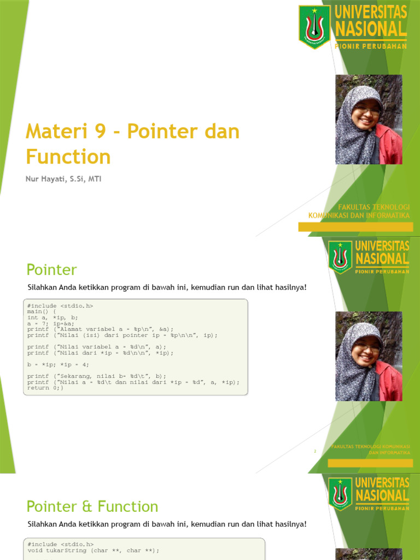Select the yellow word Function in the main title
click(x=68, y=157)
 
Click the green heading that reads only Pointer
click(x=52, y=270)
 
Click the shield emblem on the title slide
click(x=314, y=26)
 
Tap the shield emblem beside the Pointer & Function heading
click(x=340, y=494)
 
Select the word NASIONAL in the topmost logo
click(x=371, y=28)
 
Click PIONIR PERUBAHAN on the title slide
click(x=371, y=46)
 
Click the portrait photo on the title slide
click(x=368, y=119)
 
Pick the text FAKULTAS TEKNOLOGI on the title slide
click(x=374, y=207)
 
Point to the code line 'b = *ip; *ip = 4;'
click(x=58, y=364)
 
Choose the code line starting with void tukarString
click(x=93, y=551)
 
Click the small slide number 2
click(x=315, y=452)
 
